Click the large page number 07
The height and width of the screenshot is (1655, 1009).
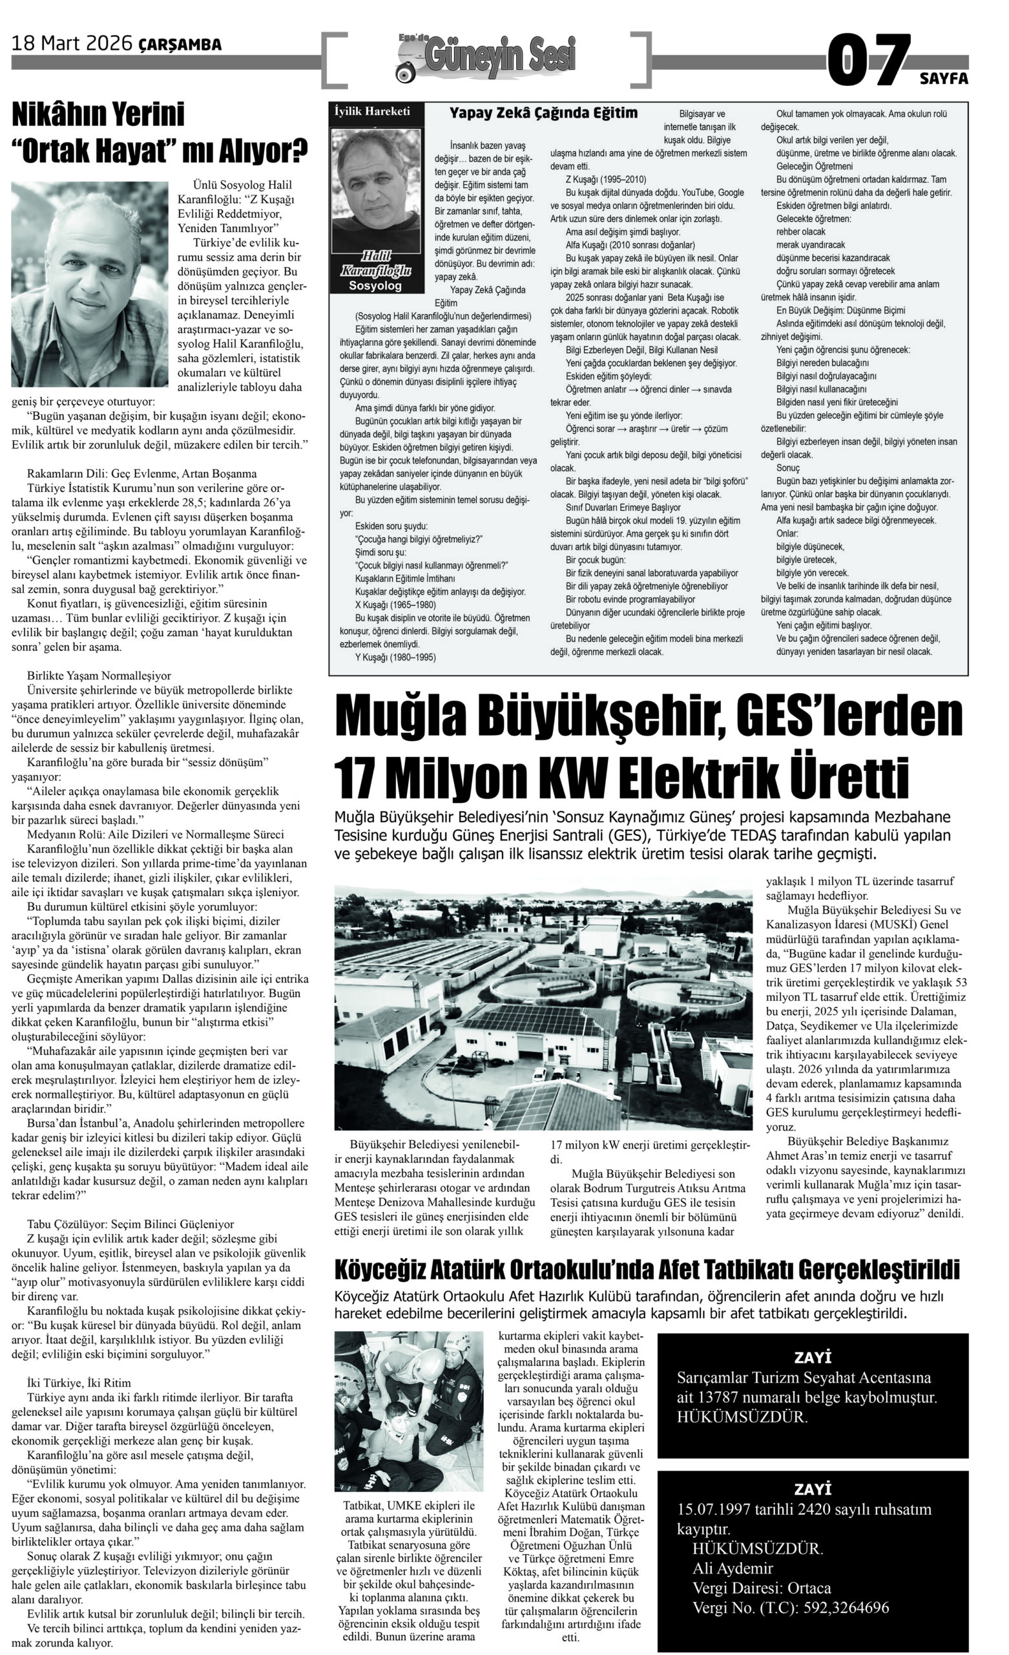pos(869,61)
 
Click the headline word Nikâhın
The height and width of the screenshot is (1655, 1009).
pos(98,115)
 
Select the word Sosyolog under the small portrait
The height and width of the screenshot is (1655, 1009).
pos(375,286)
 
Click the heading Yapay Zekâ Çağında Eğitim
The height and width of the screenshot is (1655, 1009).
pos(543,113)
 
